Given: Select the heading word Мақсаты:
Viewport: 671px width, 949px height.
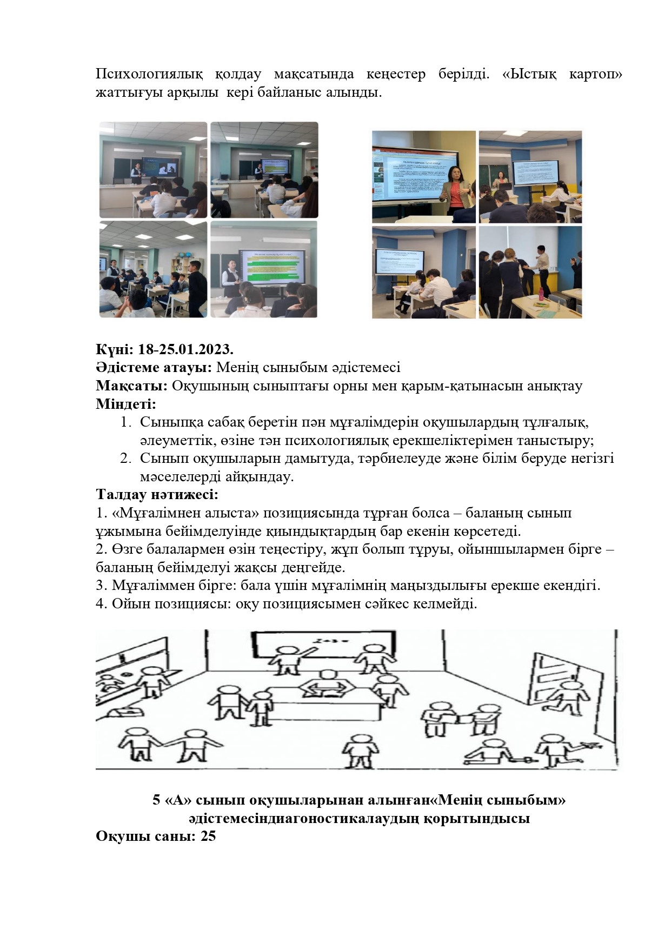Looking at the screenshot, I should click(132, 386).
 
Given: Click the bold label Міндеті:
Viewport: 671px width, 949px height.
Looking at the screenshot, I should click(126, 404).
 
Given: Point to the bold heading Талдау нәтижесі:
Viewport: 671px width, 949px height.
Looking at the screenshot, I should click(157, 494).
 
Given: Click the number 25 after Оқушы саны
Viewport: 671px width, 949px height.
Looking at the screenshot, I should click(208, 836).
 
